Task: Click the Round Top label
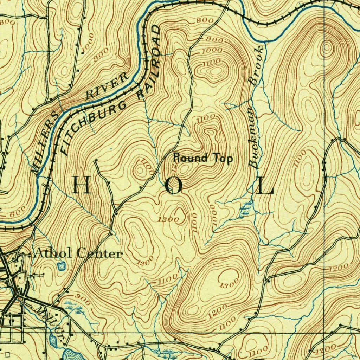(x=203, y=158)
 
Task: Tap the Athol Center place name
(x=78, y=253)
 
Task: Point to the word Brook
(x=256, y=65)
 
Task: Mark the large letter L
(x=265, y=186)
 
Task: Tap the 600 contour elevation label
(x=18, y=212)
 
